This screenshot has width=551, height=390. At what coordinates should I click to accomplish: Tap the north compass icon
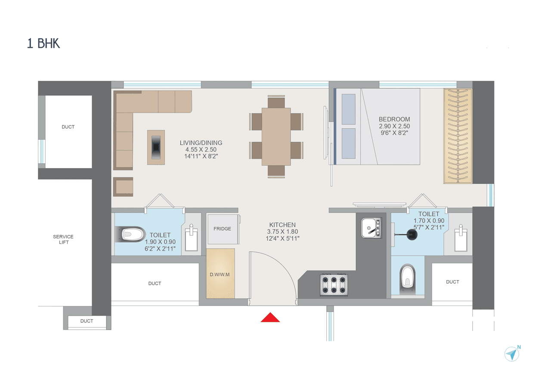point(512,353)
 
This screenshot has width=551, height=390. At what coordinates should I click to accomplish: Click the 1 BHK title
point(43,44)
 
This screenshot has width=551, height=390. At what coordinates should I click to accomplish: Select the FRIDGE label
point(222,229)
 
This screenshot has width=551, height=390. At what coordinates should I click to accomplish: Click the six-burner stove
point(334,285)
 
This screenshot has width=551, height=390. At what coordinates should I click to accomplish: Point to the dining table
point(276,136)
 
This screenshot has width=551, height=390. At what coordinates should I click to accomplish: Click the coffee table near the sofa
point(155,147)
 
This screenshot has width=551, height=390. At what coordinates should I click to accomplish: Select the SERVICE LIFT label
point(63,239)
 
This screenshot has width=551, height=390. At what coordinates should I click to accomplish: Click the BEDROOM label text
point(394,119)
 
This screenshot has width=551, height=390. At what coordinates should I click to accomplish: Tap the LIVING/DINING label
point(201,143)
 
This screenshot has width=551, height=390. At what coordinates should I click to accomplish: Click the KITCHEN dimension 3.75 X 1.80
point(282,231)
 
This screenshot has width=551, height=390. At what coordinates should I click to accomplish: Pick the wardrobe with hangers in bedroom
point(458,136)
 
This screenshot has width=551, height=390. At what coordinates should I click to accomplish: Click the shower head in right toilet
point(412,234)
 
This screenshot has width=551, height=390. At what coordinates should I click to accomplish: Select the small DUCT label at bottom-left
point(87,321)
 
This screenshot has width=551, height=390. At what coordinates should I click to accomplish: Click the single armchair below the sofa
point(123,187)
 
